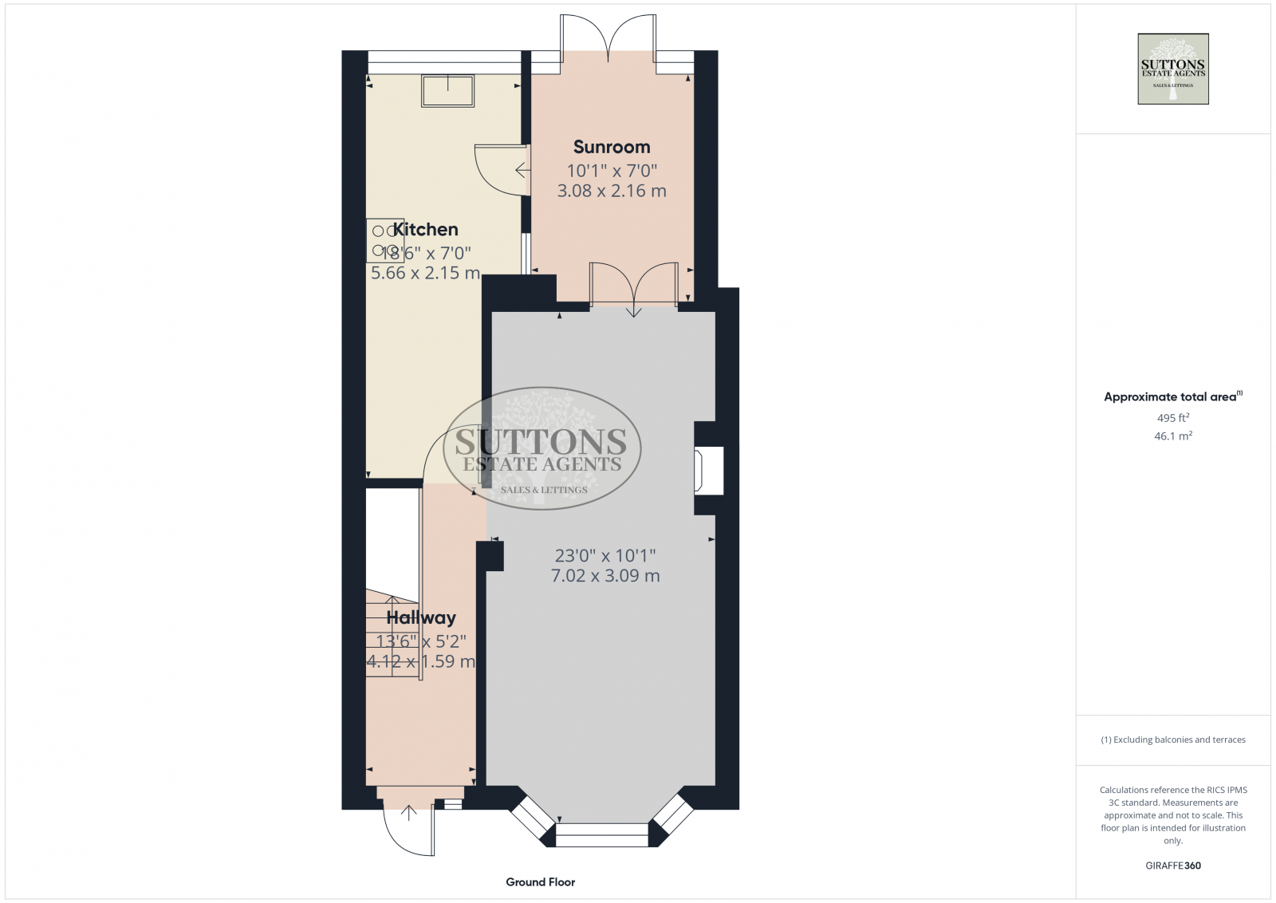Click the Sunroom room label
tap(612, 147)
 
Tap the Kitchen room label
tap(426, 230)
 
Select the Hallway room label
tap(421, 617)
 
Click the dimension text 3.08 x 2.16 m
tap(612, 191)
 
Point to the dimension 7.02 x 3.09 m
tap(605, 576)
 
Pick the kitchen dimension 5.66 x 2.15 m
tap(425, 273)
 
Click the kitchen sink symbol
tap(447, 90)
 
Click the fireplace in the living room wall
tap(709, 470)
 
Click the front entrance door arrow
tap(408, 813)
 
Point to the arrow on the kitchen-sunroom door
tap(522, 170)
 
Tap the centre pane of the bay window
tap(602, 835)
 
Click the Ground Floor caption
tap(540, 882)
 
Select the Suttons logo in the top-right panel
tap(1172, 69)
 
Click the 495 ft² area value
tap(1172, 418)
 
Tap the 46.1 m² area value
tap(1172, 436)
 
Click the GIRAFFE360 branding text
tap(1172, 866)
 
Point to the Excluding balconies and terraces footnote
tap(1172, 739)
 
